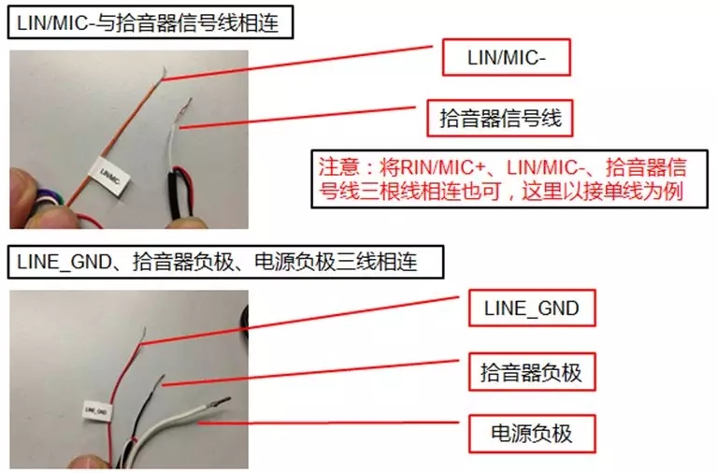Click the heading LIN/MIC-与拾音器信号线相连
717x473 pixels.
pyautogui.click(x=148, y=22)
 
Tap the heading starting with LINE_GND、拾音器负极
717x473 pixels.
pyautogui.click(x=217, y=262)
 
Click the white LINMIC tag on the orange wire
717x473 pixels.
pyautogui.click(x=109, y=176)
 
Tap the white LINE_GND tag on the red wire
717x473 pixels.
pyautogui.click(x=97, y=410)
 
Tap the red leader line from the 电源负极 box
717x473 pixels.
pyautogui.click(x=328, y=423)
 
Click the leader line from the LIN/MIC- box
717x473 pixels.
pyautogui.click(x=296, y=64)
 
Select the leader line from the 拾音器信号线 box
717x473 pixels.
pyautogui.click(x=297, y=118)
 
